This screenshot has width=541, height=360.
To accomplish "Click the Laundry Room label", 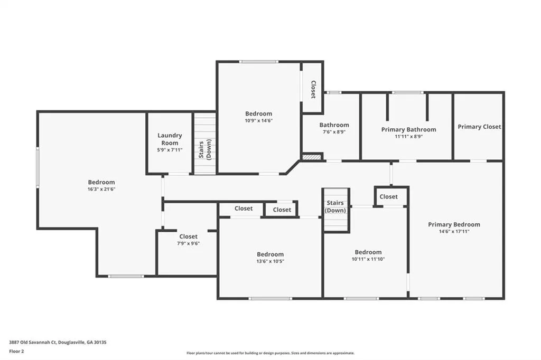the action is tap(170, 139).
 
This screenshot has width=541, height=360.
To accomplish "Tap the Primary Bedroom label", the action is tap(454, 224).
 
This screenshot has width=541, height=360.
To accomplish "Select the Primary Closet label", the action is tap(479, 127).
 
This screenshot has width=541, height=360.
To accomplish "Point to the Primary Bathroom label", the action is tap(408, 129).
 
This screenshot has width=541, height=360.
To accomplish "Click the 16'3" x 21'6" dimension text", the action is tap(101, 189).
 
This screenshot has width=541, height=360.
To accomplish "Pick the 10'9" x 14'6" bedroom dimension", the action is tap(259, 120).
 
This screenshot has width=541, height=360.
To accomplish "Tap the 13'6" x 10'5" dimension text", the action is tap(270, 261).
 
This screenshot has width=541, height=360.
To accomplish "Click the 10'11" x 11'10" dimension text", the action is tap(368, 259).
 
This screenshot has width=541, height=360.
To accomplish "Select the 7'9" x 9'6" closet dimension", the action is tap(189, 243).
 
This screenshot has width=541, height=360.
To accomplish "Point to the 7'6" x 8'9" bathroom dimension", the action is tap(334, 132).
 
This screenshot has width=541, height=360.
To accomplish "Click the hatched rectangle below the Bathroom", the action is tap(312, 157).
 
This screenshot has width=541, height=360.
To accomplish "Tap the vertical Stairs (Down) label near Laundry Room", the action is tap(205, 149).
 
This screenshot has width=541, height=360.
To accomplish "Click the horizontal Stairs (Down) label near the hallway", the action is tap(335, 206).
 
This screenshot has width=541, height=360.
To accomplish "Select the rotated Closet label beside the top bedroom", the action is tap(313, 89).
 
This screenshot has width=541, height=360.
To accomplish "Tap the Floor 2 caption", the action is tap(16, 352).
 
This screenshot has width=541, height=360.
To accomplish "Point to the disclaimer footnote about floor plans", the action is tap(270, 353).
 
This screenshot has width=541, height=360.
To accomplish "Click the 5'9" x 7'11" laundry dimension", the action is tap(170, 150).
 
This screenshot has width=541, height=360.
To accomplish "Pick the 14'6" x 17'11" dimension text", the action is tap(454, 231).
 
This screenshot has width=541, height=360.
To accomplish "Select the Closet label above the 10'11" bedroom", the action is tap(388, 196).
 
